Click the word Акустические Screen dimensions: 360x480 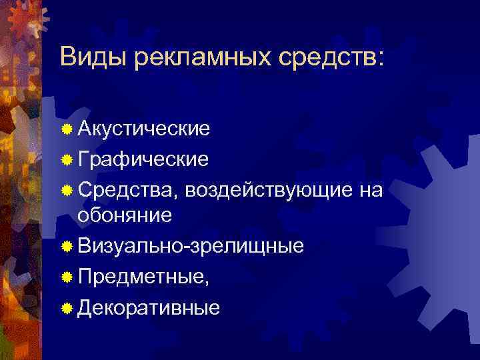(x=144, y=128)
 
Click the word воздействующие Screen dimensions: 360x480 (x=268, y=190)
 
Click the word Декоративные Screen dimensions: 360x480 (x=148, y=307)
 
